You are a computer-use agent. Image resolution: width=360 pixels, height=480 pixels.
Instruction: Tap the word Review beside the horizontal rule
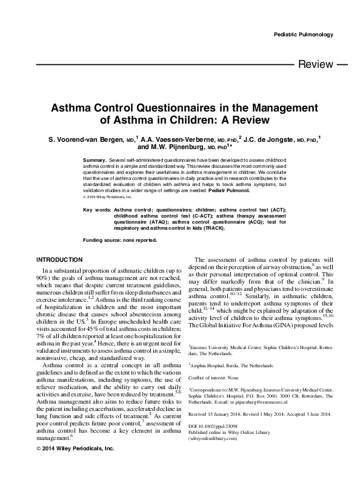(316, 64)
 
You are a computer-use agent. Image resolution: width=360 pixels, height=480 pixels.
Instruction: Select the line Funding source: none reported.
(120, 240)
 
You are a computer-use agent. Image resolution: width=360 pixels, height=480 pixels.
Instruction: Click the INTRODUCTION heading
(59, 259)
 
